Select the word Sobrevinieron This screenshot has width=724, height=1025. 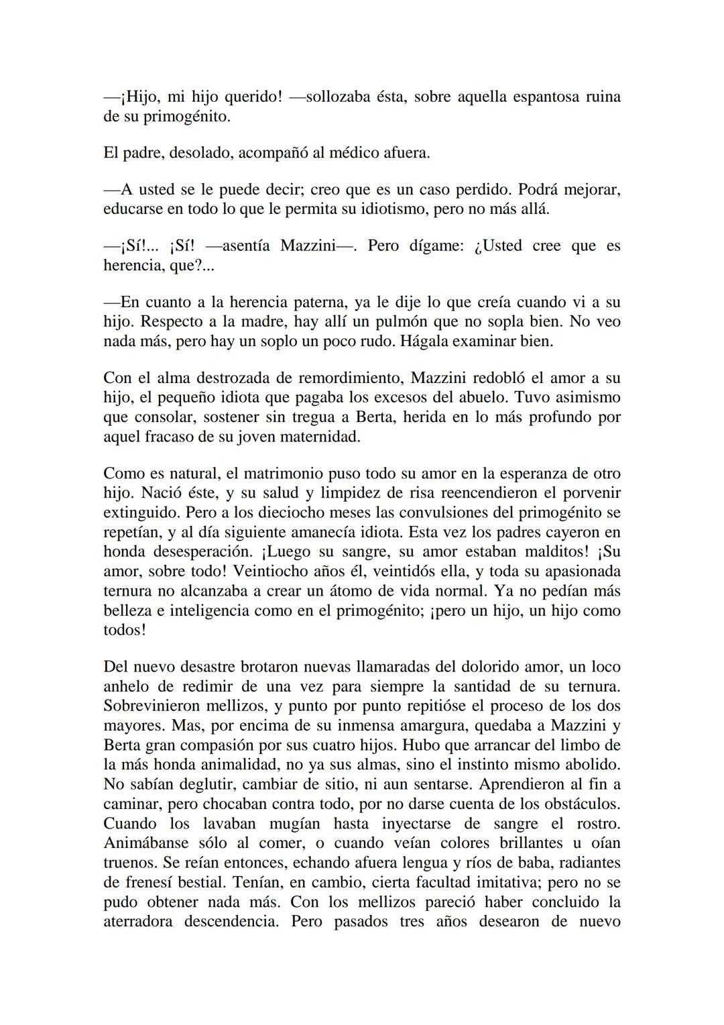tap(155, 706)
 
